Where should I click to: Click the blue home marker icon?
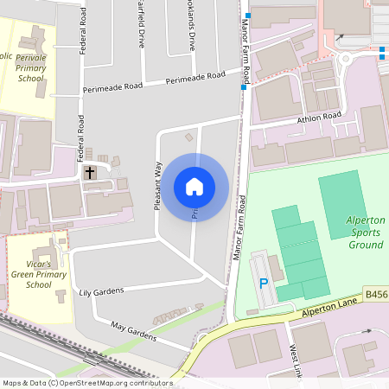194,186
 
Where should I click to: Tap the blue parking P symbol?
265,284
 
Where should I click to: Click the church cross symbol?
89,172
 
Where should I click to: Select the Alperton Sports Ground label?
365,233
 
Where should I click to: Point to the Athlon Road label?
319,118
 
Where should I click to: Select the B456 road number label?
376,295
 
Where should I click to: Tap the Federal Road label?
84,35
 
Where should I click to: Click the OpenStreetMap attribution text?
86,382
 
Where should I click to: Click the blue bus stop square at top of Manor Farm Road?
247,16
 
